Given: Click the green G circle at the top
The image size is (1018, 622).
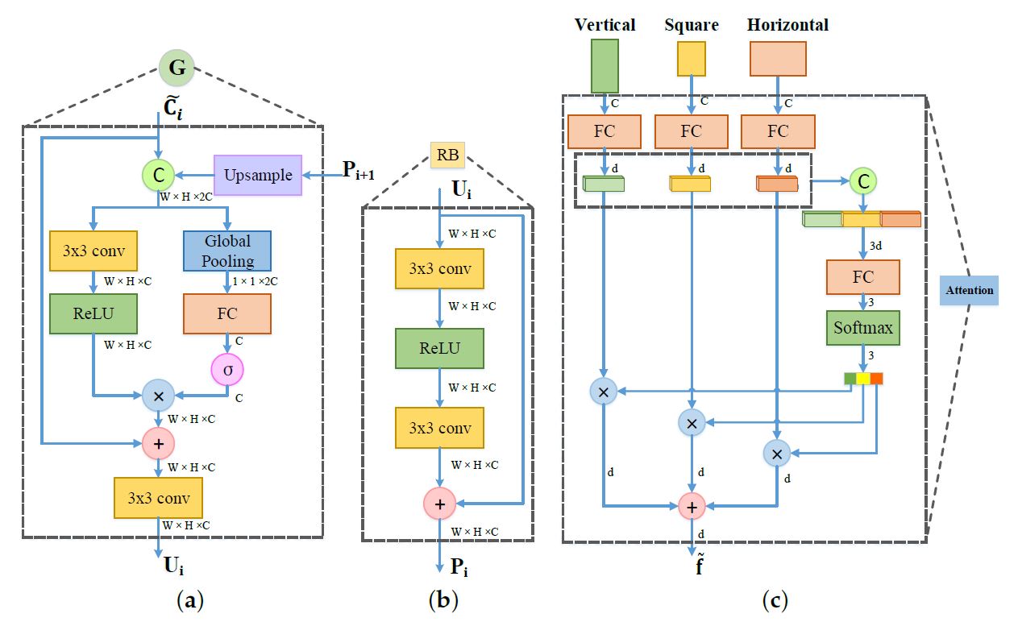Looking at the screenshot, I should coord(177,68).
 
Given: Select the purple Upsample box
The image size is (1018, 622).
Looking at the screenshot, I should coord(258,175).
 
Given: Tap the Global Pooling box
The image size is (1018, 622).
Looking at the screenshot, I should coord(227,251).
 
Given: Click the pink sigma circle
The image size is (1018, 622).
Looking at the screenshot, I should coord(226,369).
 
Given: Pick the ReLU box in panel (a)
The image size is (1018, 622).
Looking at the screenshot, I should coord(93,313).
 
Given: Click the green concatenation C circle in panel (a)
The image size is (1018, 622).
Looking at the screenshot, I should coord(158,175).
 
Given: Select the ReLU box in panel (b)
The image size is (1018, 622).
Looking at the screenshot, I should coord(439,348).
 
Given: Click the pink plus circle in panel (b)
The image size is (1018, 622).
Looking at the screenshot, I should coord(439,504).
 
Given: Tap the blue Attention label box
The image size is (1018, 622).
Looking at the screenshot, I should coord(969,289).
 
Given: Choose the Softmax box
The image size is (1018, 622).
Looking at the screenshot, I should coord(862,328).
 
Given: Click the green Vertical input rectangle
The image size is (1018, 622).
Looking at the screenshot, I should coord(605,66).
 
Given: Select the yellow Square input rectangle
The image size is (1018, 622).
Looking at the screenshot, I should coord(691,59).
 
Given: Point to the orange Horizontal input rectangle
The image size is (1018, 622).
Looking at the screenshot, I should coord(778,59).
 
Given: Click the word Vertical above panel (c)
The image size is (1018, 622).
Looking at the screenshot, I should coord(605,24).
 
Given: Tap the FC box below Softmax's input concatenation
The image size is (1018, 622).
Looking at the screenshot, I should coord(862,277).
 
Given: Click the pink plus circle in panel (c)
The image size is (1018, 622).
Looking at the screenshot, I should coord(692,506).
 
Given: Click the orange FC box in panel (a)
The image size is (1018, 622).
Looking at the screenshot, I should coord(227,313).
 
